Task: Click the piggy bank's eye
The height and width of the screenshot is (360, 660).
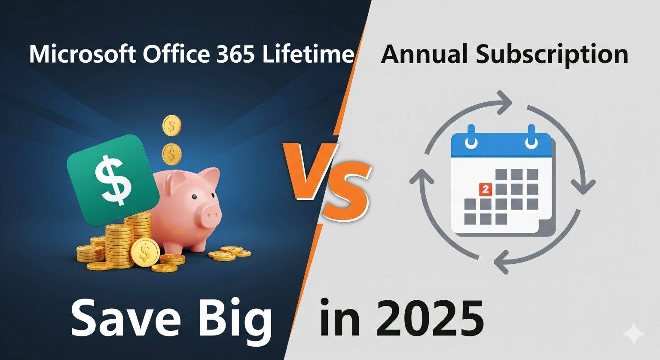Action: click(194, 197)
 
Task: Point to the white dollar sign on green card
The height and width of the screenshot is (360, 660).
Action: click(113, 179)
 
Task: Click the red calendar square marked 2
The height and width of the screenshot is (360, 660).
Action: click(486, 189)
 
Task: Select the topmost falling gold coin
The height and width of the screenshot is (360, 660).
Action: click(172, 125)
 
